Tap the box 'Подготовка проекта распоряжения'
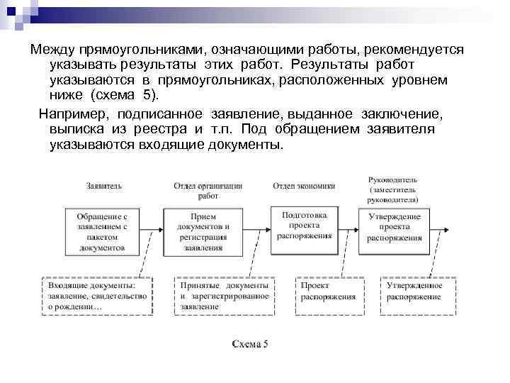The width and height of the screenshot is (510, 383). [x=307, y=225]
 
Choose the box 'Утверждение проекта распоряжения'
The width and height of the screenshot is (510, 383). [x=395, y=226]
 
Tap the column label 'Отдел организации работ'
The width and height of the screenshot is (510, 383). [x=208, y=191]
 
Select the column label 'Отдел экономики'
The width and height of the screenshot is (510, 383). [x=304, y=186]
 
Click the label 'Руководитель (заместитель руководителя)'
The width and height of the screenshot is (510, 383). [x=393, y=191]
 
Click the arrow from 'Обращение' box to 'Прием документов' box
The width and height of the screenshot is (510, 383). [x=152, y=228]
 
